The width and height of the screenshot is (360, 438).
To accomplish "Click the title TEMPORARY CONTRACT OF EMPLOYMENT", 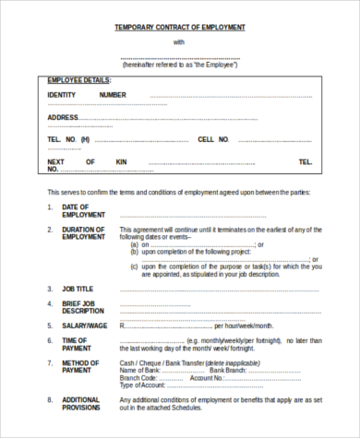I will click(x=179, y=28).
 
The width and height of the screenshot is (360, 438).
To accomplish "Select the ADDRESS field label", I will click(x=63, y=117).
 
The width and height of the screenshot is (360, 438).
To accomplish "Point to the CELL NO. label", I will click(x=213, y=139).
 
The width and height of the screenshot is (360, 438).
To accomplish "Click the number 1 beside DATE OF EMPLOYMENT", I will click(x=50, y=207).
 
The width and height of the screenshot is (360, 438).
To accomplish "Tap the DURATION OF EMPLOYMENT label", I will click(x=84, y=233).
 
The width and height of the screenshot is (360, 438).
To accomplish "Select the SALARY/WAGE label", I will click(x=84, y=326).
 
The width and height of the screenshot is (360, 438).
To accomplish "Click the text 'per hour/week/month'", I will click(x=244, y=326).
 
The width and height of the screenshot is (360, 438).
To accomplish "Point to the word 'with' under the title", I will click(x=179, y=43).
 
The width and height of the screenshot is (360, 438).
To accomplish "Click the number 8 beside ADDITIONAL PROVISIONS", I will click(x=50, y=400).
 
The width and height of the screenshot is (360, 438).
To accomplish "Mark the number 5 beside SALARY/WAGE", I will click(x=50, y=326).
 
